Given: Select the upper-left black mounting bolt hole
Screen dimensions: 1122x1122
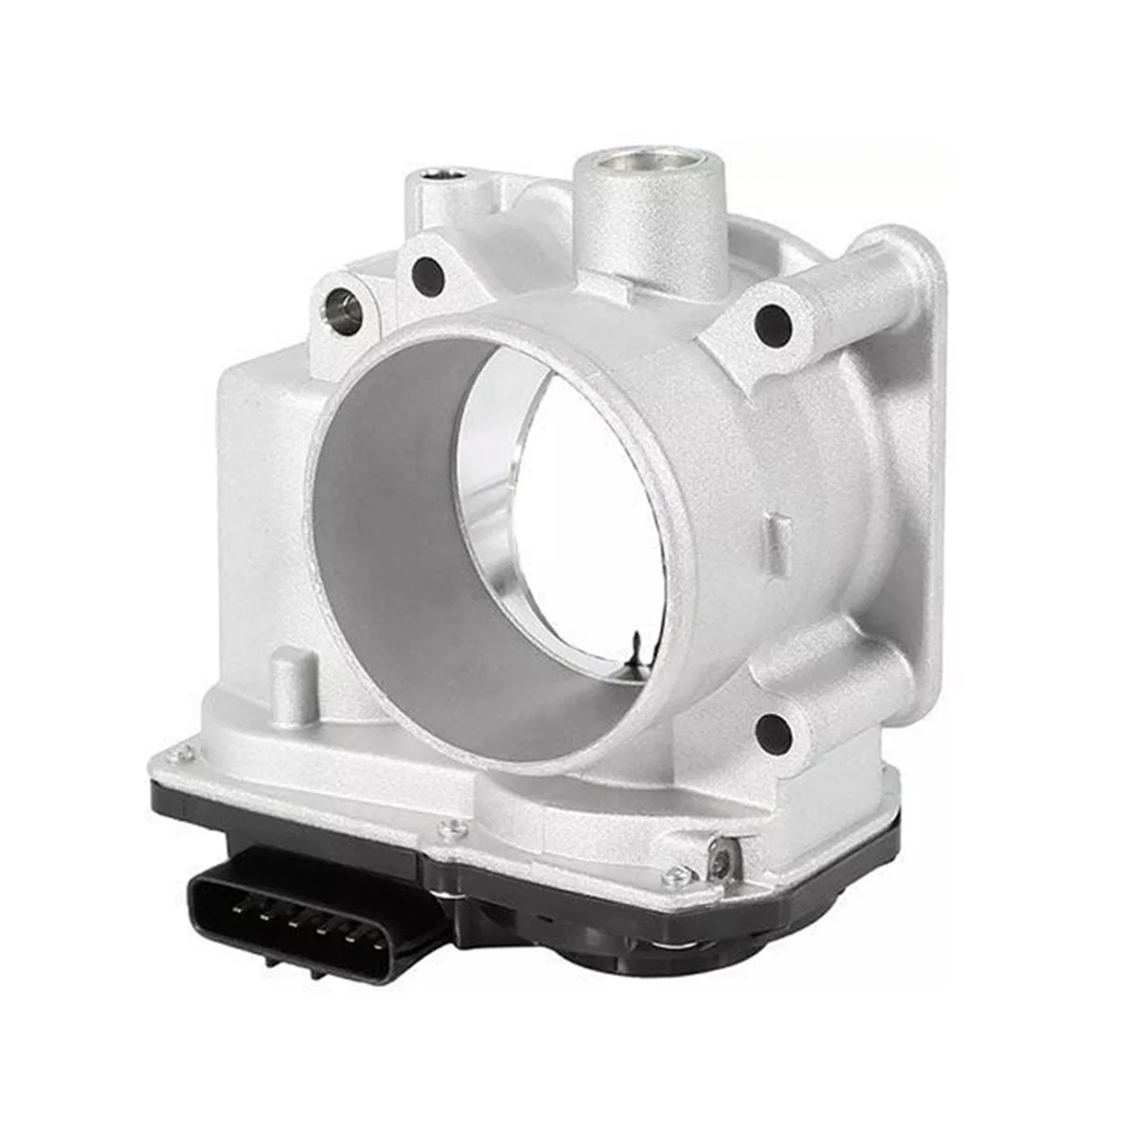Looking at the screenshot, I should [427, 275].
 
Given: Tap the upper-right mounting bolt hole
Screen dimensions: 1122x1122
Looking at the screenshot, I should [772, 324].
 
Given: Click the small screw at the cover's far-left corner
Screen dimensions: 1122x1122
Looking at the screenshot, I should [185, 751].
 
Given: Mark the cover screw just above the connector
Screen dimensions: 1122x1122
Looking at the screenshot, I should [454, 828].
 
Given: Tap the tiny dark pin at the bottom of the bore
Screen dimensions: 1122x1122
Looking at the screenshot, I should [636, 644].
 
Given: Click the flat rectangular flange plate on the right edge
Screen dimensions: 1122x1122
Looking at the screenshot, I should [921, 449].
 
